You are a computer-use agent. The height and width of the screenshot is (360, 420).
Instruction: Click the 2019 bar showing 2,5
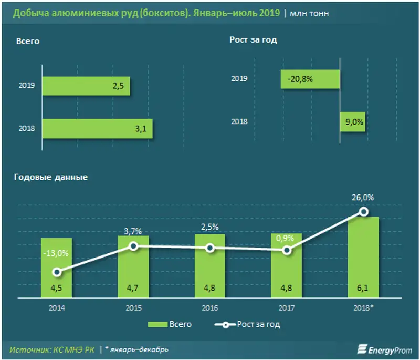(86, 86)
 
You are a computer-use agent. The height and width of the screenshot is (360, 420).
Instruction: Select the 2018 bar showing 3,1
(97, 128)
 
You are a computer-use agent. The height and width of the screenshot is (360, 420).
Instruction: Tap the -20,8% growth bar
(311, 79)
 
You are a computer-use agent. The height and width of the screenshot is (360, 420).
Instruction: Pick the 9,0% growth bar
(352, 122)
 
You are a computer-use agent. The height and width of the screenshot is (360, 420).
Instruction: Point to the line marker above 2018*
(363, 212)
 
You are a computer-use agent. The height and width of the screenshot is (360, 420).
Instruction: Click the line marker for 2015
(133, 246)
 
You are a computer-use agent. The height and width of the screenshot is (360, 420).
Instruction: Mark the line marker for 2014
(57, 272)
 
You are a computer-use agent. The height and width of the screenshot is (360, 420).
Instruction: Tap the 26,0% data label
(363, 198)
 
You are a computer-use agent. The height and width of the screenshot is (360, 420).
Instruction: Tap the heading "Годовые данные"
(50, 177)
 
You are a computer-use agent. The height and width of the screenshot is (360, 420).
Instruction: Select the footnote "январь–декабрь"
(139, 349)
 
